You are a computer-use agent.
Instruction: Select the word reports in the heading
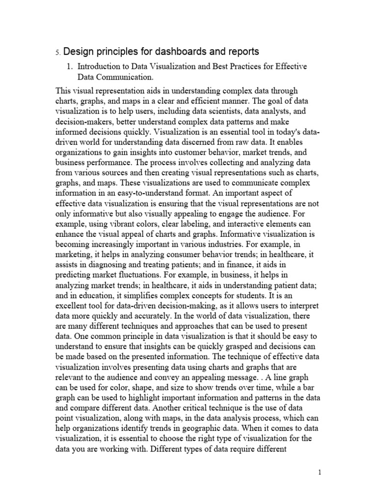click(x=241, y=52)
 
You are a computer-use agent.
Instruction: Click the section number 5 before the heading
click(x=57, y=52)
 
